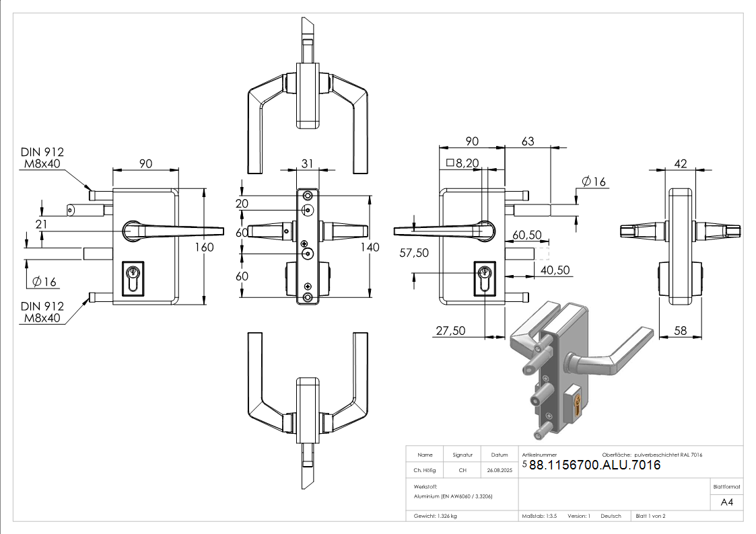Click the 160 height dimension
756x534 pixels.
(204, 247)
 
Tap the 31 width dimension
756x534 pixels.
(308, 163)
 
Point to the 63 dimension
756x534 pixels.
(528, 141)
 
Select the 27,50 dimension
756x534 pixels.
(451, 330)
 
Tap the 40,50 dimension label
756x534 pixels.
(555, 270)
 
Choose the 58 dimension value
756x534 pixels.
(680, 330)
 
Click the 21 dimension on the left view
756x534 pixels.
(42, 224)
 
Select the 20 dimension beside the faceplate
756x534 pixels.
(242, 204)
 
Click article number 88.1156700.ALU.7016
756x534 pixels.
(595, 465)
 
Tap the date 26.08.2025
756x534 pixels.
(500, 471)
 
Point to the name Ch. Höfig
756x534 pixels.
(425, 471)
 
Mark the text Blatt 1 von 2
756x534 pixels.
(650, 516)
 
